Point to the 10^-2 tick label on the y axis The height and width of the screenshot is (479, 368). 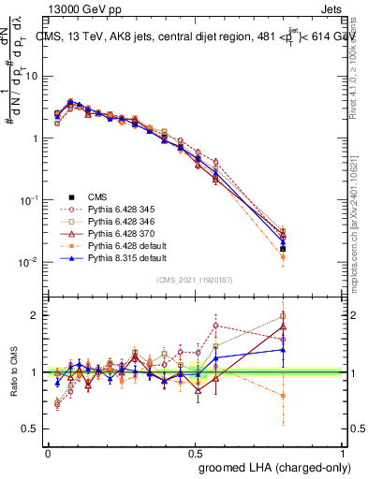coord(29,263)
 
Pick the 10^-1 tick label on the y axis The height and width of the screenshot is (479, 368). coord(29,201)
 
